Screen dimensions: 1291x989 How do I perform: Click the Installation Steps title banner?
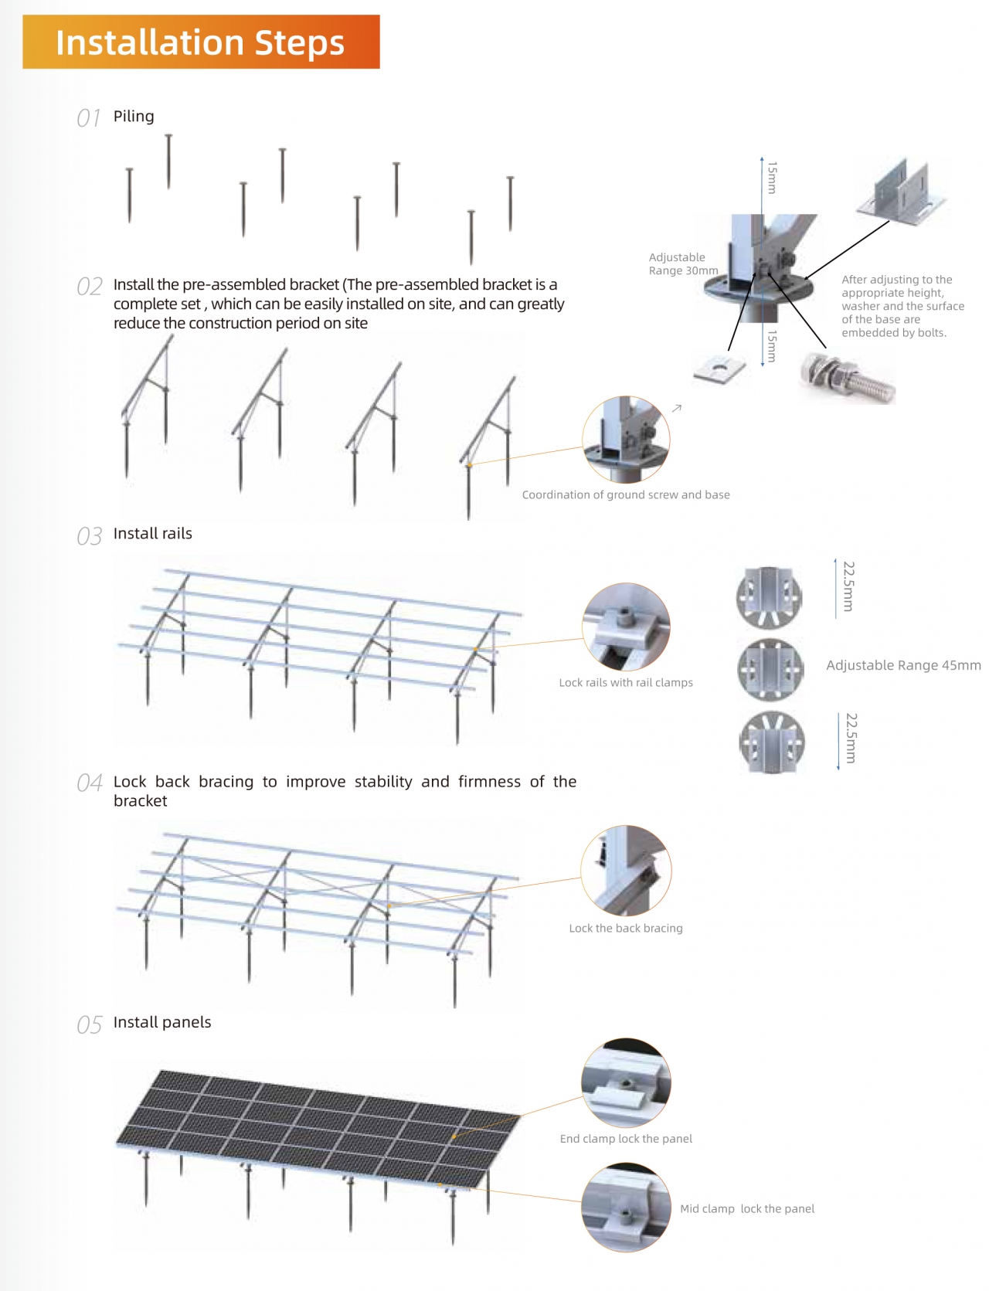tap(201, 42)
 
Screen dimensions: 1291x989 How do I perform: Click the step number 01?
tap(89, 118)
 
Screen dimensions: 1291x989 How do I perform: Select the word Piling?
tap(134, 117)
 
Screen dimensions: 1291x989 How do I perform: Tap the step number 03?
tap(89, 536)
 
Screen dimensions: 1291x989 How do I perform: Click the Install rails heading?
tap(152, 534)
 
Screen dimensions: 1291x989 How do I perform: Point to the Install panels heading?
tap(162, 1023)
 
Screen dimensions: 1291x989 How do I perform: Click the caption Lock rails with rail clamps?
tap(626, 683)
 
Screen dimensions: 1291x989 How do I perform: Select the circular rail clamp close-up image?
tap(626, 627)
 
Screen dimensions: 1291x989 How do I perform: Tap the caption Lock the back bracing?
tap(626, 929)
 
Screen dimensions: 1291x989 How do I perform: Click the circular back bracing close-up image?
tap(626, 871)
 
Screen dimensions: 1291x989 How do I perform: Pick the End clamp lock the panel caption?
tap(626, 1139)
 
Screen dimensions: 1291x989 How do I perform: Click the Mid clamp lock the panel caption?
tap(747, 1209)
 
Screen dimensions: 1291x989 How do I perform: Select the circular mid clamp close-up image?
tap(626, 1208)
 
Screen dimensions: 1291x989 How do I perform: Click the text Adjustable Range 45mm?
tap(903, 666)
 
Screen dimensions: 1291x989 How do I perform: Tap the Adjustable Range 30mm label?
tap(683, 264)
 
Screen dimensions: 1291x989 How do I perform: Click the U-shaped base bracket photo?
tap(902, 193)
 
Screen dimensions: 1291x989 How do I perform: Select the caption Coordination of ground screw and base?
tap(626, 495)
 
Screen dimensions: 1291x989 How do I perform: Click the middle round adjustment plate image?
tap(770, 668)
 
